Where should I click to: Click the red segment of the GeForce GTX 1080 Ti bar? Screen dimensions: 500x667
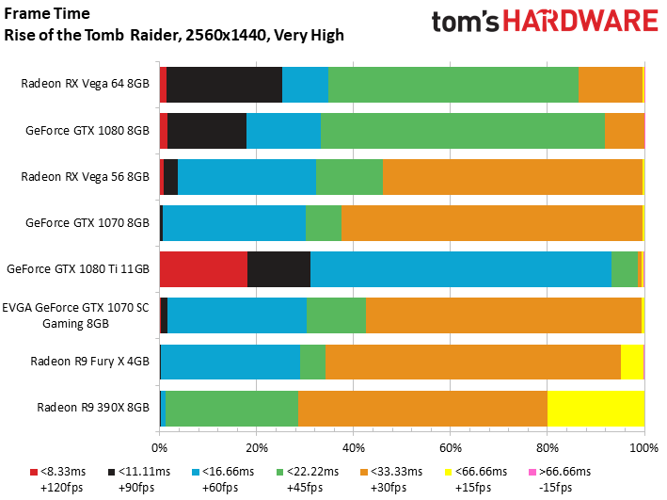(203, 268)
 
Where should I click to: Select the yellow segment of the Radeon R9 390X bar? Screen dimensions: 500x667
(596, 408)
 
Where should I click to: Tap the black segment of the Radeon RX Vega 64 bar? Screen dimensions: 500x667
(224, 84)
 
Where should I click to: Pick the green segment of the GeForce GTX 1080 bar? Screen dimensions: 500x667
(462, 130)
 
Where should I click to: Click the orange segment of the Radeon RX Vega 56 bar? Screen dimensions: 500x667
(512, 176)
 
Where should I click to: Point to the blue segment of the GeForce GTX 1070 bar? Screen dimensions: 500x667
(234, 222)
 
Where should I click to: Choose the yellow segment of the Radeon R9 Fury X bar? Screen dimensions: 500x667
(631, 362)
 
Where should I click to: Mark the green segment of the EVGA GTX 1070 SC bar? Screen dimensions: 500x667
(336, 315)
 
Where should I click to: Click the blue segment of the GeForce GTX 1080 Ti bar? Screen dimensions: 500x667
(460, 268)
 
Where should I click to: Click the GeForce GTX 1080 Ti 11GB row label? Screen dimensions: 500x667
(78, 268)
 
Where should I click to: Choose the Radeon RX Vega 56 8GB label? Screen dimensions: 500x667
(85, 176)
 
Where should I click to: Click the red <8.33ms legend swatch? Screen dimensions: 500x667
(35, 471)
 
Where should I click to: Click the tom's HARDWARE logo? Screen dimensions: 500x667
(544, 23)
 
